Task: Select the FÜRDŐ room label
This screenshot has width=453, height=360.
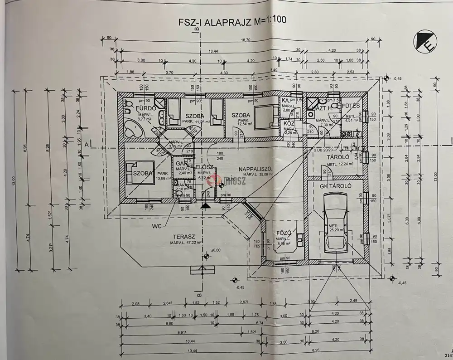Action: pos(146,108)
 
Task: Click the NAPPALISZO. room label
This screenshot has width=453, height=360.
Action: pos(258,168)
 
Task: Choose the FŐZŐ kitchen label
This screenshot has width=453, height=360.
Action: pos(284,234)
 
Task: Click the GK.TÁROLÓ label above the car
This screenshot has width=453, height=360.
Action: pos(336,186)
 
